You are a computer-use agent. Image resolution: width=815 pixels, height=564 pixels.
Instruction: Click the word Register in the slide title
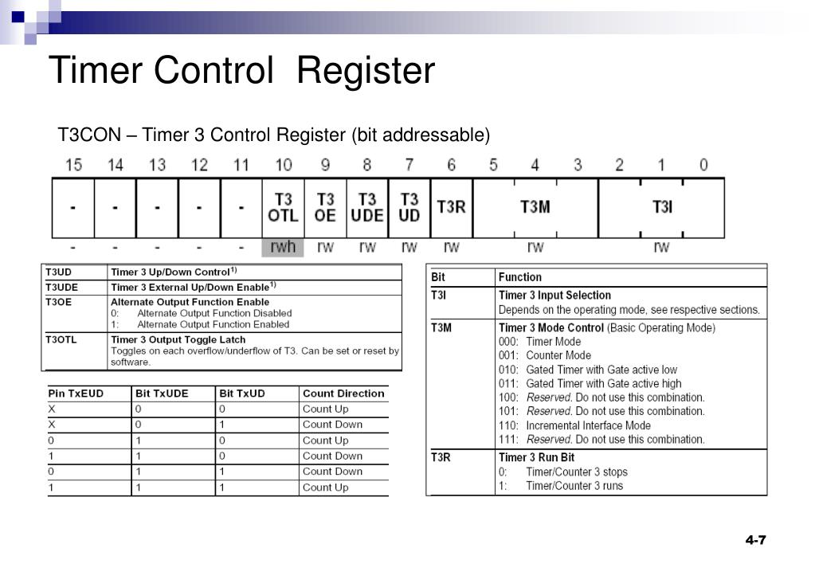click(366, 71)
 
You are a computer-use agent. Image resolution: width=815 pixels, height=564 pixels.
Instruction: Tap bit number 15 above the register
click(73, 165)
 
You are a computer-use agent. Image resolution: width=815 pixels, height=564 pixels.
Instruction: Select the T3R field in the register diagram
click(451, 207)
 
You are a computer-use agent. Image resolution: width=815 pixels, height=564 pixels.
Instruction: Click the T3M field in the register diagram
click(535, 207)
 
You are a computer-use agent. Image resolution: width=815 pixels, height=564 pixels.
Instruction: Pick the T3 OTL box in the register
click(283, 207)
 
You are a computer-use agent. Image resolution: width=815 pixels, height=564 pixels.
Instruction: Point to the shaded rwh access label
click(283, 247)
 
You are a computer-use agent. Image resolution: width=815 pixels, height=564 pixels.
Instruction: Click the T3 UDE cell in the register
click(366, 207)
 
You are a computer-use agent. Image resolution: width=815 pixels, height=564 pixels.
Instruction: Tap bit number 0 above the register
click(703, 165)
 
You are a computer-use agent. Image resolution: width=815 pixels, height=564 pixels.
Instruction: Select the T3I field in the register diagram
click(662, 207)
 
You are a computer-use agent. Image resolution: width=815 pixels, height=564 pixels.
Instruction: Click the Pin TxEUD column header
click(76, 394)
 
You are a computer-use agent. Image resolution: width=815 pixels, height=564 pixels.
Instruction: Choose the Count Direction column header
click(343, 394)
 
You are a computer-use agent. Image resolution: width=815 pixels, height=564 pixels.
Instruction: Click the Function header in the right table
click(519, 277)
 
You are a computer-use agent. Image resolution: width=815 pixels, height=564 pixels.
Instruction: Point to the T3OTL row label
click(61, 339)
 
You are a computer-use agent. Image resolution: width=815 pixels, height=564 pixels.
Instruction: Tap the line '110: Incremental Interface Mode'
click(574, 425)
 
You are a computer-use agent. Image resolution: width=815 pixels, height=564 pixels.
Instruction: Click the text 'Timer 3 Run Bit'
click(536, 457)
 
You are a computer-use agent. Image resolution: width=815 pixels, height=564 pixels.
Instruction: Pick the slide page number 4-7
click(755, 540)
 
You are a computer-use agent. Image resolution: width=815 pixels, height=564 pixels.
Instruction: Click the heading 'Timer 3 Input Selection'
click(554, 296)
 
